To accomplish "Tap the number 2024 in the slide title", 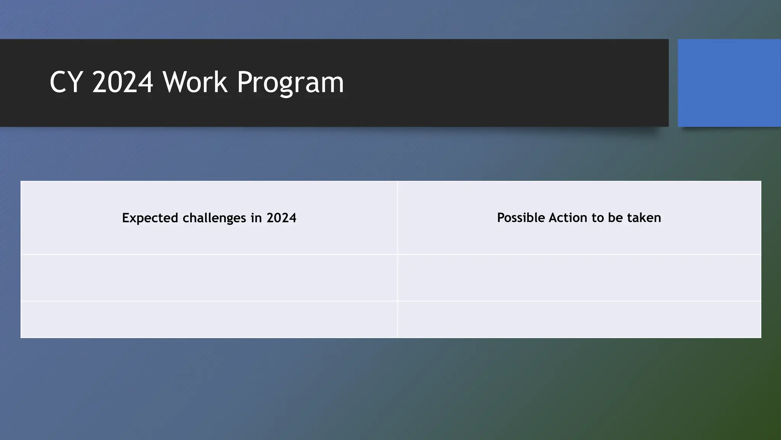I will pos(122,82).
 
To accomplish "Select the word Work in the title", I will pos(194,82).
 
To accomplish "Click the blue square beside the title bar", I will pos(729,83).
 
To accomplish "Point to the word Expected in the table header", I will pos(150,218).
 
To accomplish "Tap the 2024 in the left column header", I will pos(281,218).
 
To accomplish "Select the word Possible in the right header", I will pos(521,218).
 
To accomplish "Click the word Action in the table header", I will pos(568,218).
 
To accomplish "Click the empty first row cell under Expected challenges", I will pos(209,278).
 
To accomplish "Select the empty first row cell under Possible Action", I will pos(579,278).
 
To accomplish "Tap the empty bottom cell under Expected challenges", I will pos(209,319).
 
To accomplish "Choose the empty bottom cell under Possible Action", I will pos(579,319).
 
